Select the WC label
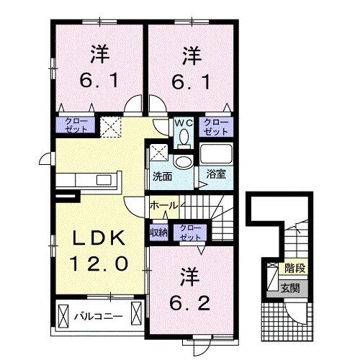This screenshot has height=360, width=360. click(x=183, y=122)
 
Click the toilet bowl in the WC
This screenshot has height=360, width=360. click(x=184, y=136)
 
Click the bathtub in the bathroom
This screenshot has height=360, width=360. click(x=216, y=154)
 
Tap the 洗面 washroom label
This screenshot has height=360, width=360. click(x=162, y=176)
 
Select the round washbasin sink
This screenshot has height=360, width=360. click(x=184, y=161)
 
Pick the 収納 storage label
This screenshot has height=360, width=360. click(x=159, y=232)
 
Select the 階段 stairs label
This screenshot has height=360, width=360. click(x=294, y=268)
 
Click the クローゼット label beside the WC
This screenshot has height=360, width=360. click(x=215, y=127)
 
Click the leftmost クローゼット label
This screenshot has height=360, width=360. click(x=74, y=126)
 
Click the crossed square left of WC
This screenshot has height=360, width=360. click(x=112, y=127)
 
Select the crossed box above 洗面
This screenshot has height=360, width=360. click(x=159, y=153)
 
